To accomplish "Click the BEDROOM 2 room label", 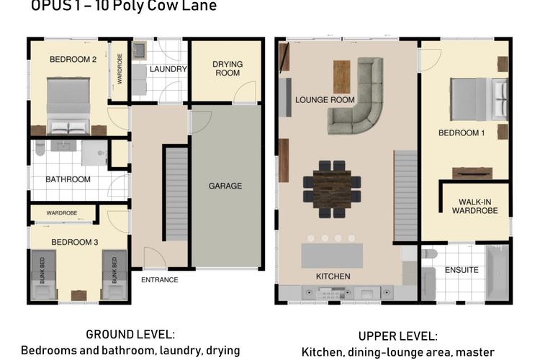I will coord(73,60).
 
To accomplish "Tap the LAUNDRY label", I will coord(168,69).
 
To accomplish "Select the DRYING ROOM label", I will coord(227,68).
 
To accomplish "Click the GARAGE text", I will coord(225,186).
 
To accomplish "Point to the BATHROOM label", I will coord(68,179).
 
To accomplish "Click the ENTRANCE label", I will coord(159,279).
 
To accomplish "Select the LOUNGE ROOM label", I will coord(325,100).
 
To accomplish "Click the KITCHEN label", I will coord(333,276).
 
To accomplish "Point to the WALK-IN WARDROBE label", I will coord(475,205).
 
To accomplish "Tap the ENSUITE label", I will coord(462,271).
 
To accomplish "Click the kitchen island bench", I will coord(332,256).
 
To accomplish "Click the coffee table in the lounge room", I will coord(341,76).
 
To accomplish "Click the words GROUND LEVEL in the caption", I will coord(130,335).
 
